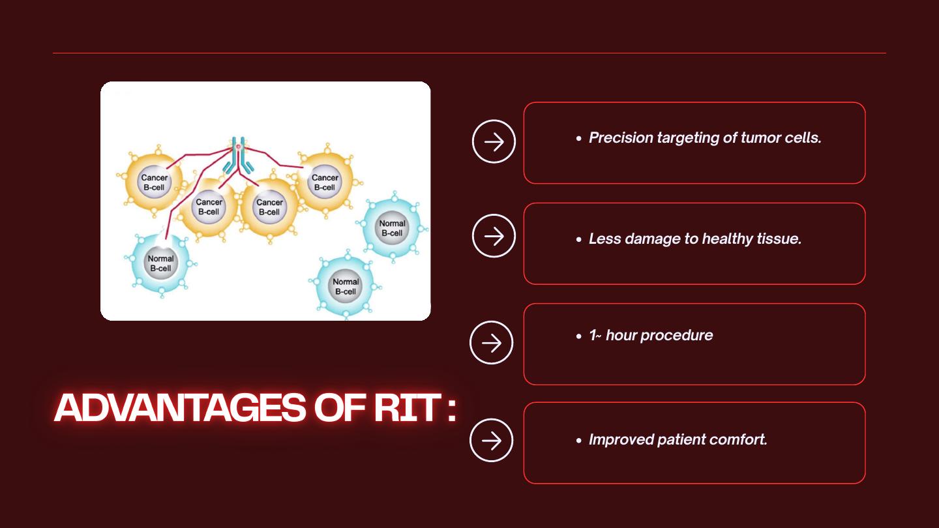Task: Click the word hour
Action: [621, 335]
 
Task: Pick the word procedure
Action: [677, 335]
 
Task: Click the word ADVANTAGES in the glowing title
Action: [180, 407]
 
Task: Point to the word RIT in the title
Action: [407, 407]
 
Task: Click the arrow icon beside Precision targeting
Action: [494, 141]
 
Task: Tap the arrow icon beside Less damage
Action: [494, 236]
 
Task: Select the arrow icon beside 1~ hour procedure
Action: [491, 343]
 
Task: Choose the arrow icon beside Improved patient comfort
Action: [491, 441]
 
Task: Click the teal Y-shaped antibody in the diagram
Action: [238, 156]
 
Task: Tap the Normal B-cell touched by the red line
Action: [160, 263]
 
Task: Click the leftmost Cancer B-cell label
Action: [155, 183]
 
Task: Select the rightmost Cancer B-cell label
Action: [325, 183]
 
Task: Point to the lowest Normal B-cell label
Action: [346, 287]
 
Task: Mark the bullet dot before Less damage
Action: [579, 240]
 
